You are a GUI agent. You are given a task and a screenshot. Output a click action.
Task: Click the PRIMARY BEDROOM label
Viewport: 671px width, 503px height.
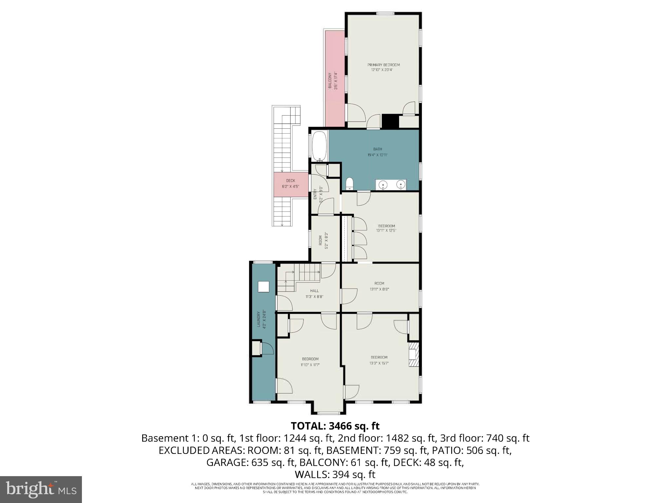[x=383, y=65]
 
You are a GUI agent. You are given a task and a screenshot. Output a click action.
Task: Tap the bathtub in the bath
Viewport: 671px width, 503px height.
[x=319, y=146]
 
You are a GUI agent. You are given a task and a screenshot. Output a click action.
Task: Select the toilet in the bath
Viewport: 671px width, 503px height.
[x=349, y=184]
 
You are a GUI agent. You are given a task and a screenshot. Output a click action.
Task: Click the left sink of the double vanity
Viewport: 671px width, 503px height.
[x=383, y=185]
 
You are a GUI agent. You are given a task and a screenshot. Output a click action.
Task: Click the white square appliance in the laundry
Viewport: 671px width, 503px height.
[x=263, y=287]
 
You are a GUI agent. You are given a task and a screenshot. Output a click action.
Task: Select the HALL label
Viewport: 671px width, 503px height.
[x=314, y=291]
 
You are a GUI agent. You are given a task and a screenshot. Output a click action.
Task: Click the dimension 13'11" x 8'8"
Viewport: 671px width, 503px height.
[x=379, y=289]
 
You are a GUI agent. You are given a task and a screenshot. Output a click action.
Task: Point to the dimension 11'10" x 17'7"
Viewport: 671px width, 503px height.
[x=310, y=365]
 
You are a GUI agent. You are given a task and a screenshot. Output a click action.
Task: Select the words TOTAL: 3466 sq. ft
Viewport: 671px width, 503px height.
[x=335, y=426]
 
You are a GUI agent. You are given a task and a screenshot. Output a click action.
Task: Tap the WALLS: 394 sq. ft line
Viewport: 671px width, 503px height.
[x=335, y=474]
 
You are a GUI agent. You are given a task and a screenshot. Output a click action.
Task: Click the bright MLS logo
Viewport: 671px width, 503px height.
[x=41, y=490]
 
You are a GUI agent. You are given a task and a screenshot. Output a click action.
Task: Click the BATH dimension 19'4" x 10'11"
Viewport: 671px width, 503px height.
[x=377, y=155]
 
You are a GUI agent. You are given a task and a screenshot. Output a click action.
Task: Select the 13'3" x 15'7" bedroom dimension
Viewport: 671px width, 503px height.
[x=379, y=363]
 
